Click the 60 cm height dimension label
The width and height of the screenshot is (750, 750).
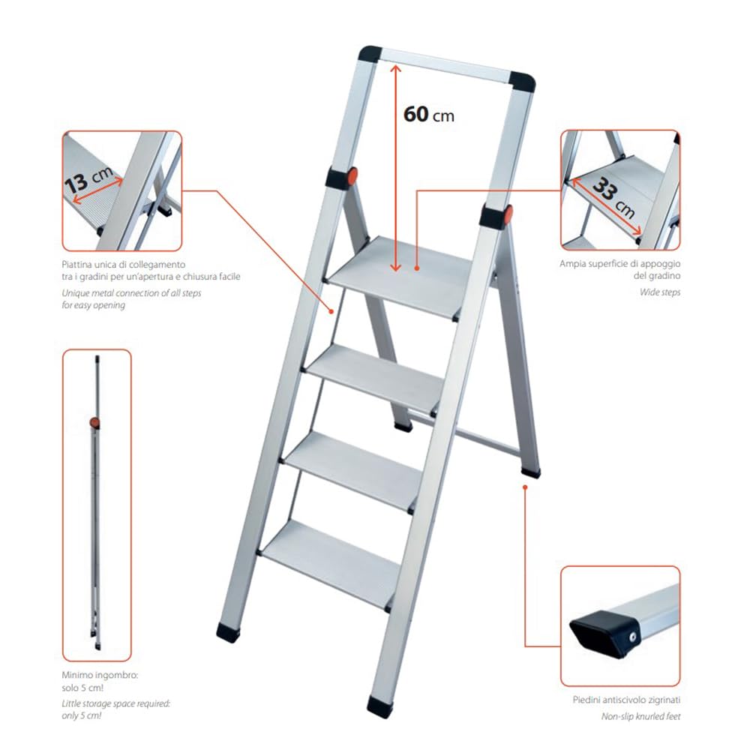pyautogui.click(x=428, y=115)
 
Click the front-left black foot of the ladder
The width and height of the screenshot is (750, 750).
pyautogui.click(x=229, y=631)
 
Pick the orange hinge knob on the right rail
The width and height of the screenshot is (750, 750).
pyautogui.click(x=508, y=214)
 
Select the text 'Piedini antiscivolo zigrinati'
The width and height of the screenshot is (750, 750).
pyautogui.click(x=626, y=700)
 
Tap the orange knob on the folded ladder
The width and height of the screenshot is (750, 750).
pyautogui.click(x=94, y=423)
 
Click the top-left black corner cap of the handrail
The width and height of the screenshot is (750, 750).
pyautogui.click(x=370, y=54)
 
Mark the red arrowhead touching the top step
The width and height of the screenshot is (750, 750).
pyautogui.click(x=394, y=265)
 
